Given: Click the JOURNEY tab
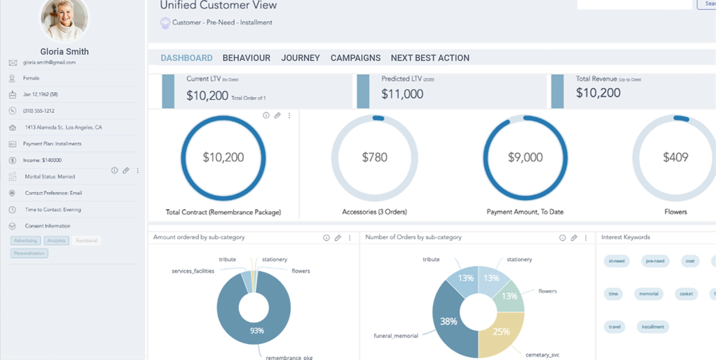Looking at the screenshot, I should tap(301, 58).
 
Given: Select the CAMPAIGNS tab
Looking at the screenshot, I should tap(355, 58).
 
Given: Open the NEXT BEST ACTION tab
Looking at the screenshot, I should tap(430, 58).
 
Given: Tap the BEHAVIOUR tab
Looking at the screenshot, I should tap(247, 58).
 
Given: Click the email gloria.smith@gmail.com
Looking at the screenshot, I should tap(49, 62).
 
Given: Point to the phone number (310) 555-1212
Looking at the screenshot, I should tap(39, 111).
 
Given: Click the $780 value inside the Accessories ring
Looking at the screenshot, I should tap(375, 158).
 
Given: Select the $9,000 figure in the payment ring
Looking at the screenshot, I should tap(525, 158).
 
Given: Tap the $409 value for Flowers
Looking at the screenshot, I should tap(675, 158).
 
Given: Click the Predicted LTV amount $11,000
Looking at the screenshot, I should tap(402, 95).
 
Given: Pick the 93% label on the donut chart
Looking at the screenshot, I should tap(257, 331).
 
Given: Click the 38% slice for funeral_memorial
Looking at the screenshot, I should tap(448, 321).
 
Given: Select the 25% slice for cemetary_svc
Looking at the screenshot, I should tap(501, 332).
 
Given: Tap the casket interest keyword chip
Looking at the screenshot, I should tap(686, 294).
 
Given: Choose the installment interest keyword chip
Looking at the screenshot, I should tap(652, 327).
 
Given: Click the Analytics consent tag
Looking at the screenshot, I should tap(57, 241).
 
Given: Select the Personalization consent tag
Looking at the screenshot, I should tap(30, 253).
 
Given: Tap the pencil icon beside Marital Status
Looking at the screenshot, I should tap(126, 170).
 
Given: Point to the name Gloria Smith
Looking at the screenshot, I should tap(64, 51).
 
